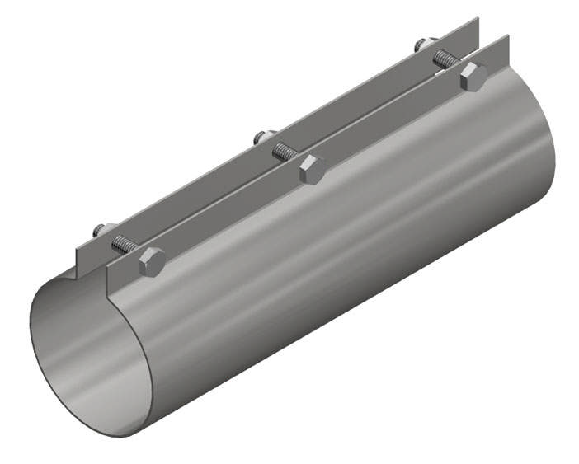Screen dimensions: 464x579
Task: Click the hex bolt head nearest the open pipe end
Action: pyautogui.click(x=152, y=262)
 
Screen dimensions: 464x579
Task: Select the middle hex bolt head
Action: pyautogui.click(x=311, y=170)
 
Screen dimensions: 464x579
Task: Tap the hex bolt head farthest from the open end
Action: pyautogui.click(x=473, y=77)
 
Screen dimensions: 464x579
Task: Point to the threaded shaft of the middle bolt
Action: pyautogui.click(x=285, y=152)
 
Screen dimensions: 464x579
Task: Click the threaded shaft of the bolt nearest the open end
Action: pyautogui.click(x=125, y=245)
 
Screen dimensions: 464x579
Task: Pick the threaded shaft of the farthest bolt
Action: pyautogui.click(x=446, y=59)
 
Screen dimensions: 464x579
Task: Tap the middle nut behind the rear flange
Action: pyautogui.click(x=261, y=137)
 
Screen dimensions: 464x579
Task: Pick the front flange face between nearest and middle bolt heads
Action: pyautogui.click(x=231, y=216)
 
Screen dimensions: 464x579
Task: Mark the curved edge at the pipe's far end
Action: pyautogui.click(x=551, y=157)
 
